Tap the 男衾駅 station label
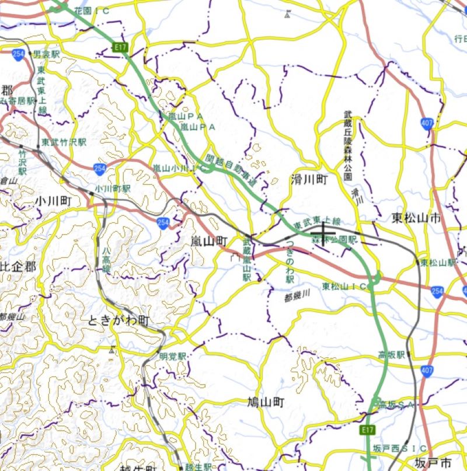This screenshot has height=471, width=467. (47, 54)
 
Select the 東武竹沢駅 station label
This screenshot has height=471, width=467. (64, 142)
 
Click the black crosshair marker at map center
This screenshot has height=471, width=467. (323, 233)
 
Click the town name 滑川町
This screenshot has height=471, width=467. (309, 180)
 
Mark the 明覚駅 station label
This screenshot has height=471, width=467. (173, 355)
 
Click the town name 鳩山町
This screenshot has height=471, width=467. (265, 402)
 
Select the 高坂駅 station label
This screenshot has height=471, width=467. (392, 354)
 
